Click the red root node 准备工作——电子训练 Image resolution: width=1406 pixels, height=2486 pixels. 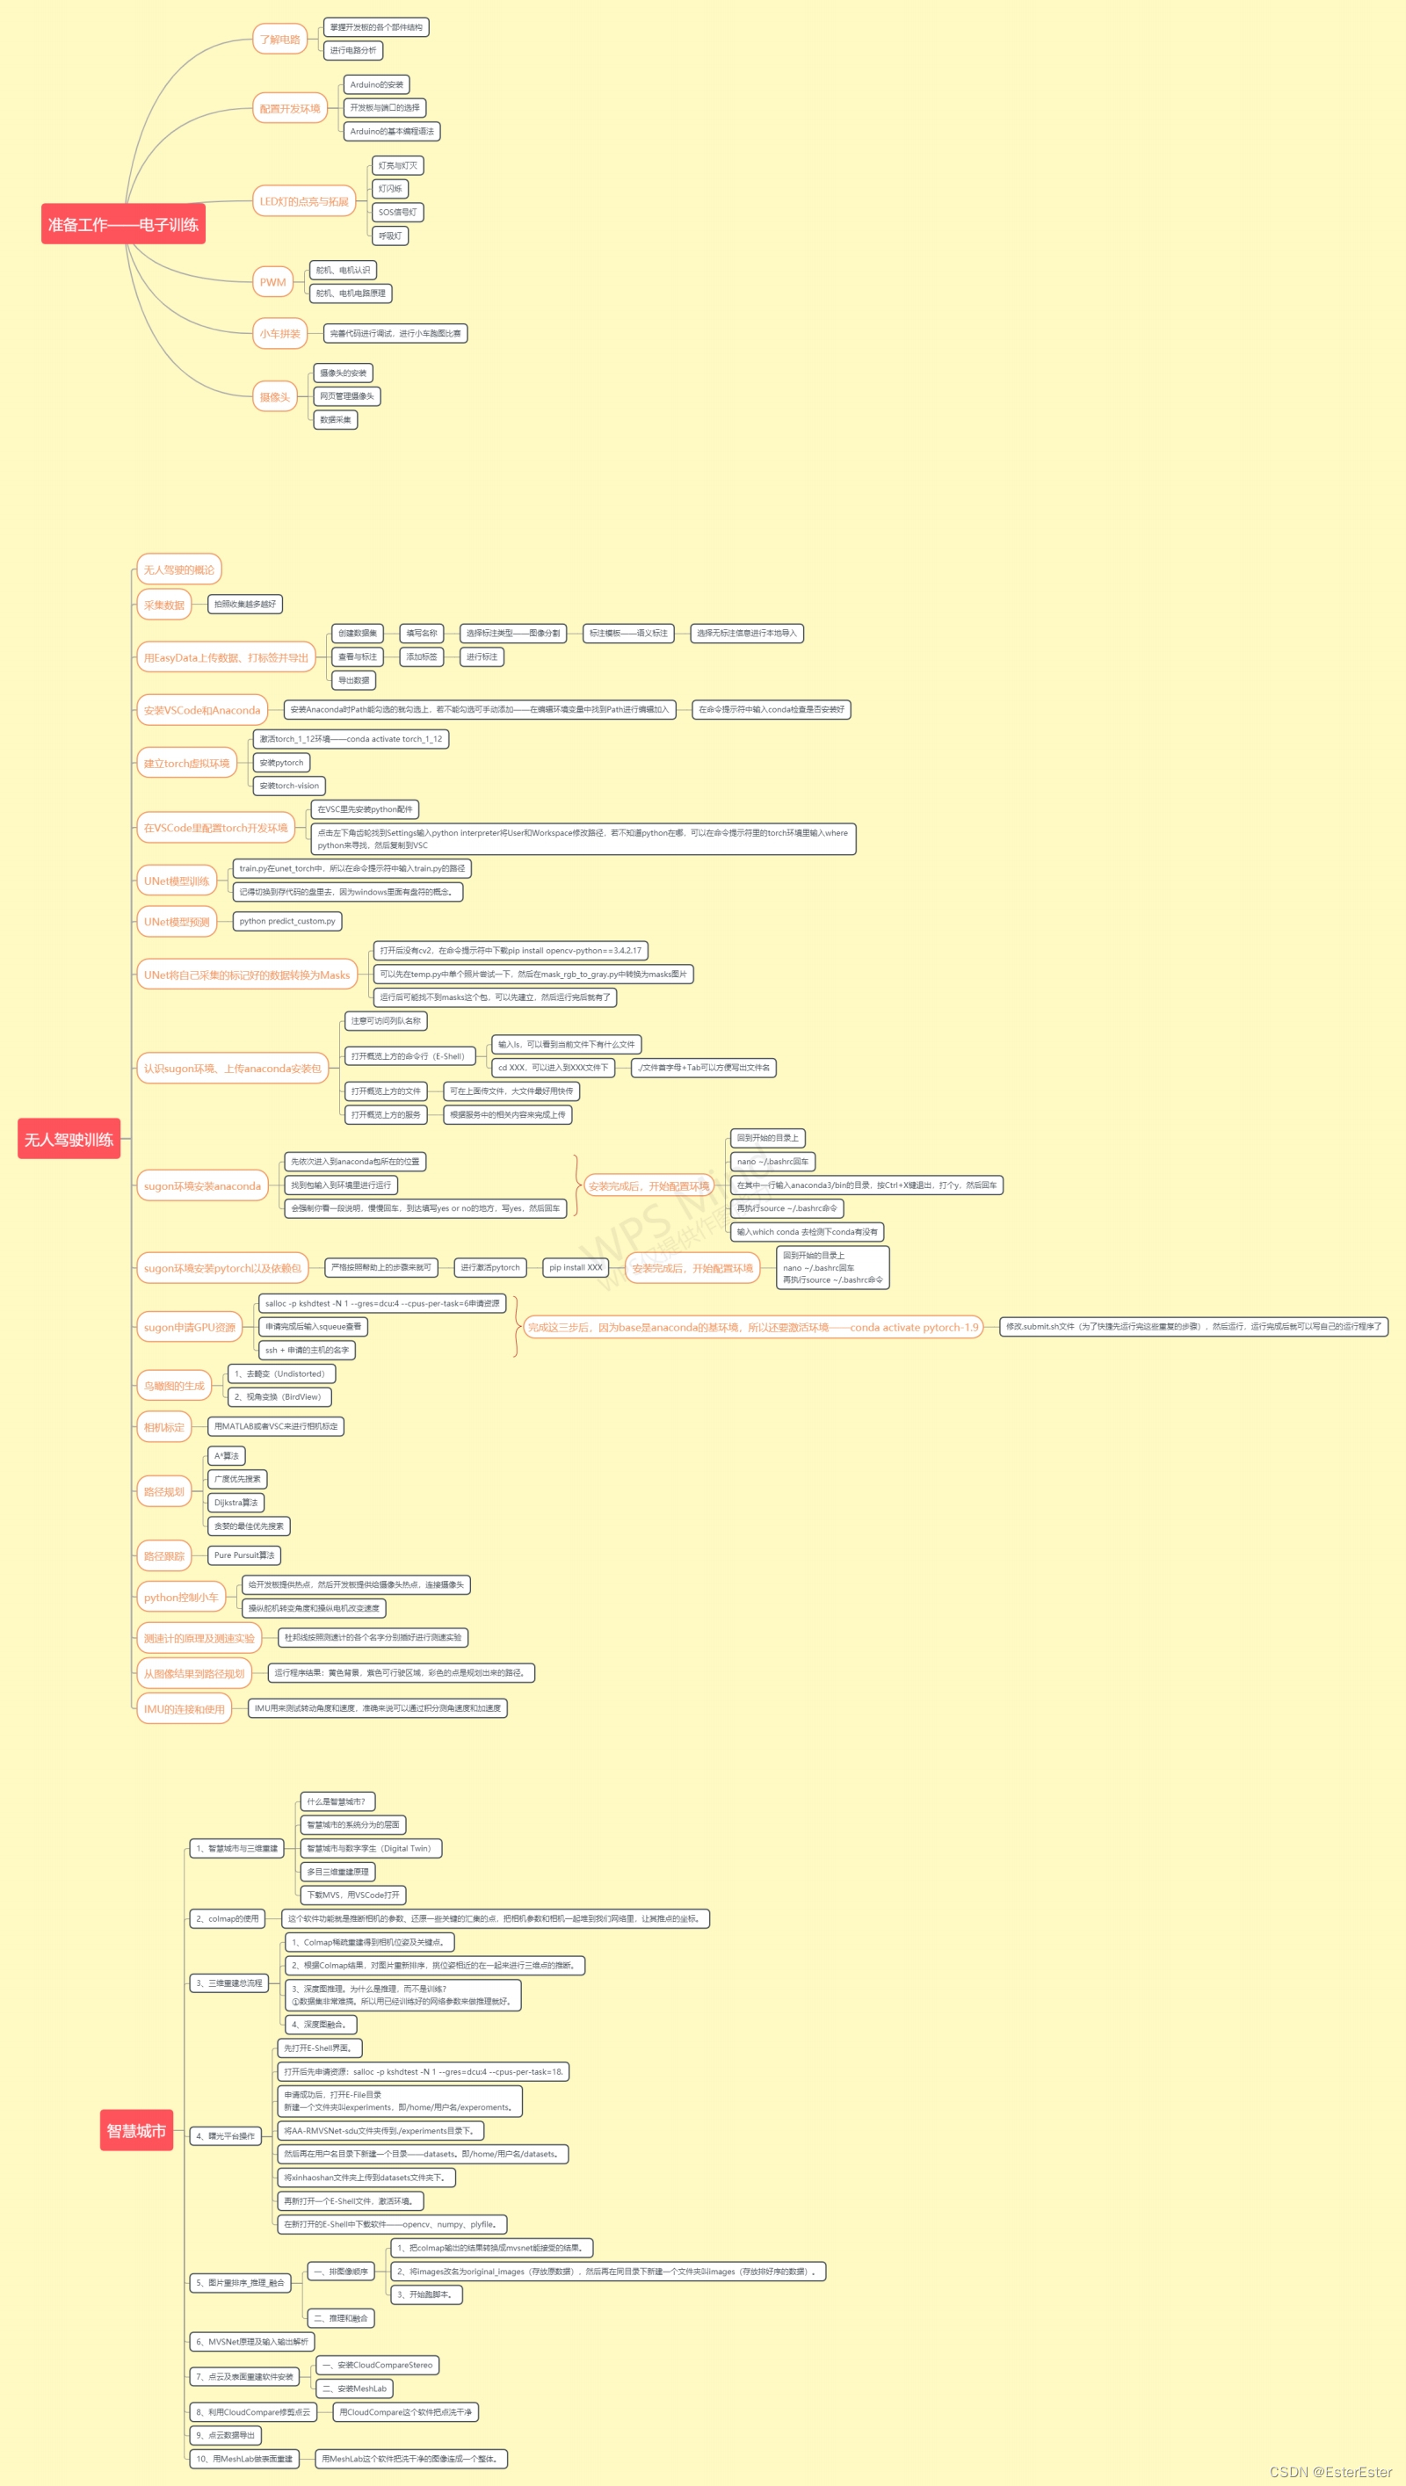(x=123, y=224)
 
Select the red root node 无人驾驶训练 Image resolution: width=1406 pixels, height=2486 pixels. (x=69, y=1139)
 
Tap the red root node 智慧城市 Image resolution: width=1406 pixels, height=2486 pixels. (x=136, y=2130)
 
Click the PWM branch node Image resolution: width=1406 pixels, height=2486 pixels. (x=272, y=282)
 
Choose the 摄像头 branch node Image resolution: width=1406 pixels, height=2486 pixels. (x=274, y=397)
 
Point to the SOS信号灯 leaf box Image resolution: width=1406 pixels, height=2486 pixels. (x=398, y=213)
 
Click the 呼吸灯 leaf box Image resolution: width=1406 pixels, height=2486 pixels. (x=390, y=236)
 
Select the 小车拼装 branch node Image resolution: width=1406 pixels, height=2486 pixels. (x=280, y=333)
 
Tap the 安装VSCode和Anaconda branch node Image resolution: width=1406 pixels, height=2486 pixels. (x=202, y=710)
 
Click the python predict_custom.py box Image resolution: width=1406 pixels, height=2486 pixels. (x=286, y=921)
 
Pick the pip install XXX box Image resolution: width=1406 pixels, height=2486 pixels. (x=576, y=1268)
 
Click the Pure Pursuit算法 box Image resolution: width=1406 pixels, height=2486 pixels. (x=244, y=1555)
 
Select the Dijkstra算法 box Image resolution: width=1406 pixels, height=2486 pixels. (x=236, y=1502)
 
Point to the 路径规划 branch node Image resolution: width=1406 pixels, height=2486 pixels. (x=164, y=1491)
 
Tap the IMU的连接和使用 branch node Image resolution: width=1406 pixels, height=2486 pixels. (x=185, y=1709)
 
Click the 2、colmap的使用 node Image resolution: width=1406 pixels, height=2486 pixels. (x=228, y=1918)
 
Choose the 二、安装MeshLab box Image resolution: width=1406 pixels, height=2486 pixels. (x=354, y=2388)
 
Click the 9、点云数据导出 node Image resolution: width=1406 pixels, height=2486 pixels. (x=226, y=2435)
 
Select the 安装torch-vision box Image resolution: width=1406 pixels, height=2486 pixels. (x=289, y=786)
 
